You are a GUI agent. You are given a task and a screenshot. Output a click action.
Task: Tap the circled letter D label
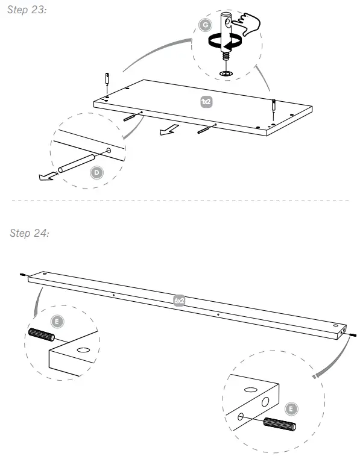[x=96, y=173]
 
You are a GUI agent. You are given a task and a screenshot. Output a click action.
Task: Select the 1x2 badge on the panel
[x=206, y=102]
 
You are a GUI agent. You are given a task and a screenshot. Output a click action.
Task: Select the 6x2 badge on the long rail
[x=179, y=299]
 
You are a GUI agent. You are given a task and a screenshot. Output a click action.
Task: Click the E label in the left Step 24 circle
[x=57, y=321]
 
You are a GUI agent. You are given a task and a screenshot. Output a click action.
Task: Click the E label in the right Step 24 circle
[x=291, y=409]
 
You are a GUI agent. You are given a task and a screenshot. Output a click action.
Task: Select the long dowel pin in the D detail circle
[x=76, y=163]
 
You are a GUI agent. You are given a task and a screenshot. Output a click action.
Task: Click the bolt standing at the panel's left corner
[x=105, y=80]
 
